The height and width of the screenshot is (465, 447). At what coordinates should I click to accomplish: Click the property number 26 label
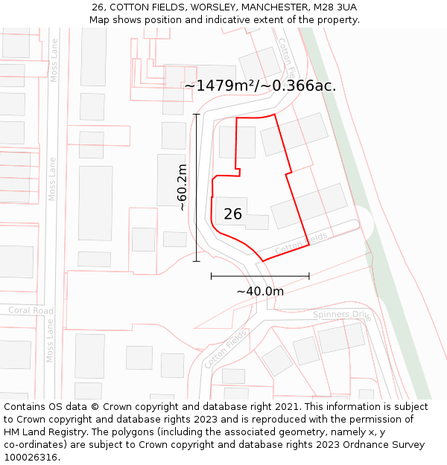(x=232, y=214)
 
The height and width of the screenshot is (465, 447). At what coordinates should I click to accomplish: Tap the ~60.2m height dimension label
(x=183, y=187)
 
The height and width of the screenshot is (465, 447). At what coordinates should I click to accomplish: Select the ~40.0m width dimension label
(x=260, y=292)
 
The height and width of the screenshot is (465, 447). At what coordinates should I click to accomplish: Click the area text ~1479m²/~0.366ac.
(x=260, y=86)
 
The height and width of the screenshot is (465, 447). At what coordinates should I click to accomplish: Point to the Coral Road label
(x=31, y=310)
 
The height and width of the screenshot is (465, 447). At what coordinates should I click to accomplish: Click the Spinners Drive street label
(x=341, y=315)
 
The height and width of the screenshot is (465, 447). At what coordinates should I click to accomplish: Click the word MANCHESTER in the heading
(x=261, y=7)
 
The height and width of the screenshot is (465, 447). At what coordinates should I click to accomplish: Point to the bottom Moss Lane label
(x=51, y=341)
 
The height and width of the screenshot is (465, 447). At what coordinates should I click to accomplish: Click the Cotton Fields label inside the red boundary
(x=302, y=243)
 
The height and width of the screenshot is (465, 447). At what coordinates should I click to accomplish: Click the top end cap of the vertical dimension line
(x=197, y=114)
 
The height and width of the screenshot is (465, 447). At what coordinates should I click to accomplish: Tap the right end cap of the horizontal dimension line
(x=309, y=276)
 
